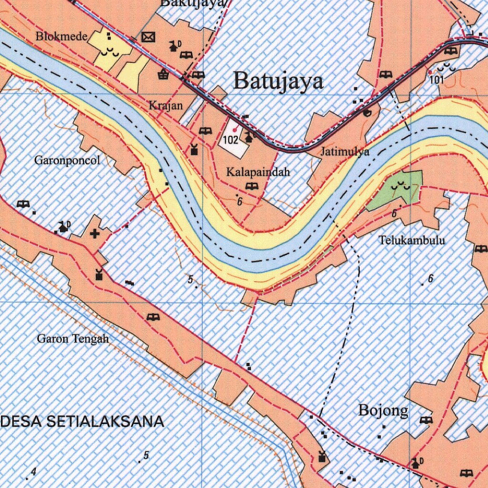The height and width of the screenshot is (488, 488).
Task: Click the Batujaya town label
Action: coord(278,81)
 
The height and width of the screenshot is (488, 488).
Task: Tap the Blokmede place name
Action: coord(61,37)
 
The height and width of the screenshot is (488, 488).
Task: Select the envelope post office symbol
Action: coord(149,37)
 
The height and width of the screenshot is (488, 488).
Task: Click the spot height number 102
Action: coord(230,140)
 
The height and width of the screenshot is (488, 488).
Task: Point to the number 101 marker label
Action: coord(437,80)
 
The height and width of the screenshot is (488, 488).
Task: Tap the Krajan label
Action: coord(166,106)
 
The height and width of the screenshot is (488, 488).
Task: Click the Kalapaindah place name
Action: coord(258,172)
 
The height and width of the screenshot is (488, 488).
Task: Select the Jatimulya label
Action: coord(345,152)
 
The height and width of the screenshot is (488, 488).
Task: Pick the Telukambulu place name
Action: coord(412,240)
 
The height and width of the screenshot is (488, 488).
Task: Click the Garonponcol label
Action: coord(67,161)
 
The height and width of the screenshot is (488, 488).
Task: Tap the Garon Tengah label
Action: coord(73,339)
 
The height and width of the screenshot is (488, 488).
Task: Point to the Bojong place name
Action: coord(383,410)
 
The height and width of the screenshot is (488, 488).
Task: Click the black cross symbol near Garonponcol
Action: coord(95,234)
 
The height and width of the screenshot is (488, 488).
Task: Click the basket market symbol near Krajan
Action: coord(163,74)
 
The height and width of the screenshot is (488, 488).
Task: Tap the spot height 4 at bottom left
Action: coord(33,472)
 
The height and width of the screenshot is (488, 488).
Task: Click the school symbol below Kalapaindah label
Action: coord(251,186)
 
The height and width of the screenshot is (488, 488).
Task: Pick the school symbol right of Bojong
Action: coord(426,420)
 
